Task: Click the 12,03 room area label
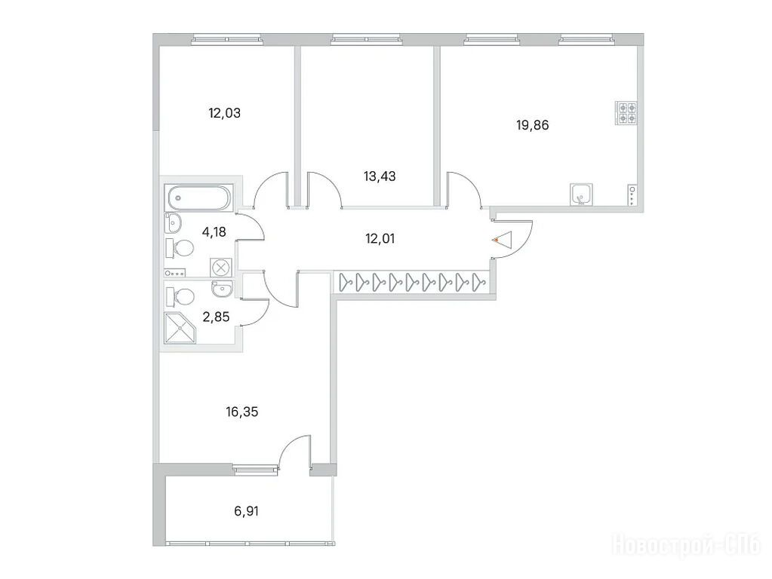point(225,113)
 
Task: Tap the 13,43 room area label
point(380,176)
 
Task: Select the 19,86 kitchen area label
point(532,125)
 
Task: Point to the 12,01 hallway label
point(380,239)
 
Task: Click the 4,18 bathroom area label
point(214,231)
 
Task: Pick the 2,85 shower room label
point(216,317)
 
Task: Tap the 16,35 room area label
point(241,411)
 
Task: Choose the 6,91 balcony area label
point(246,512)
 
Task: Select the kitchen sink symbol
point(582,195)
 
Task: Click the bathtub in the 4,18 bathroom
point(198,198)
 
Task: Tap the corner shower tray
point(180,328)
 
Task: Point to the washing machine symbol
point(220,268)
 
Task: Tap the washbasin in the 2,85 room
point(222,289)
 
